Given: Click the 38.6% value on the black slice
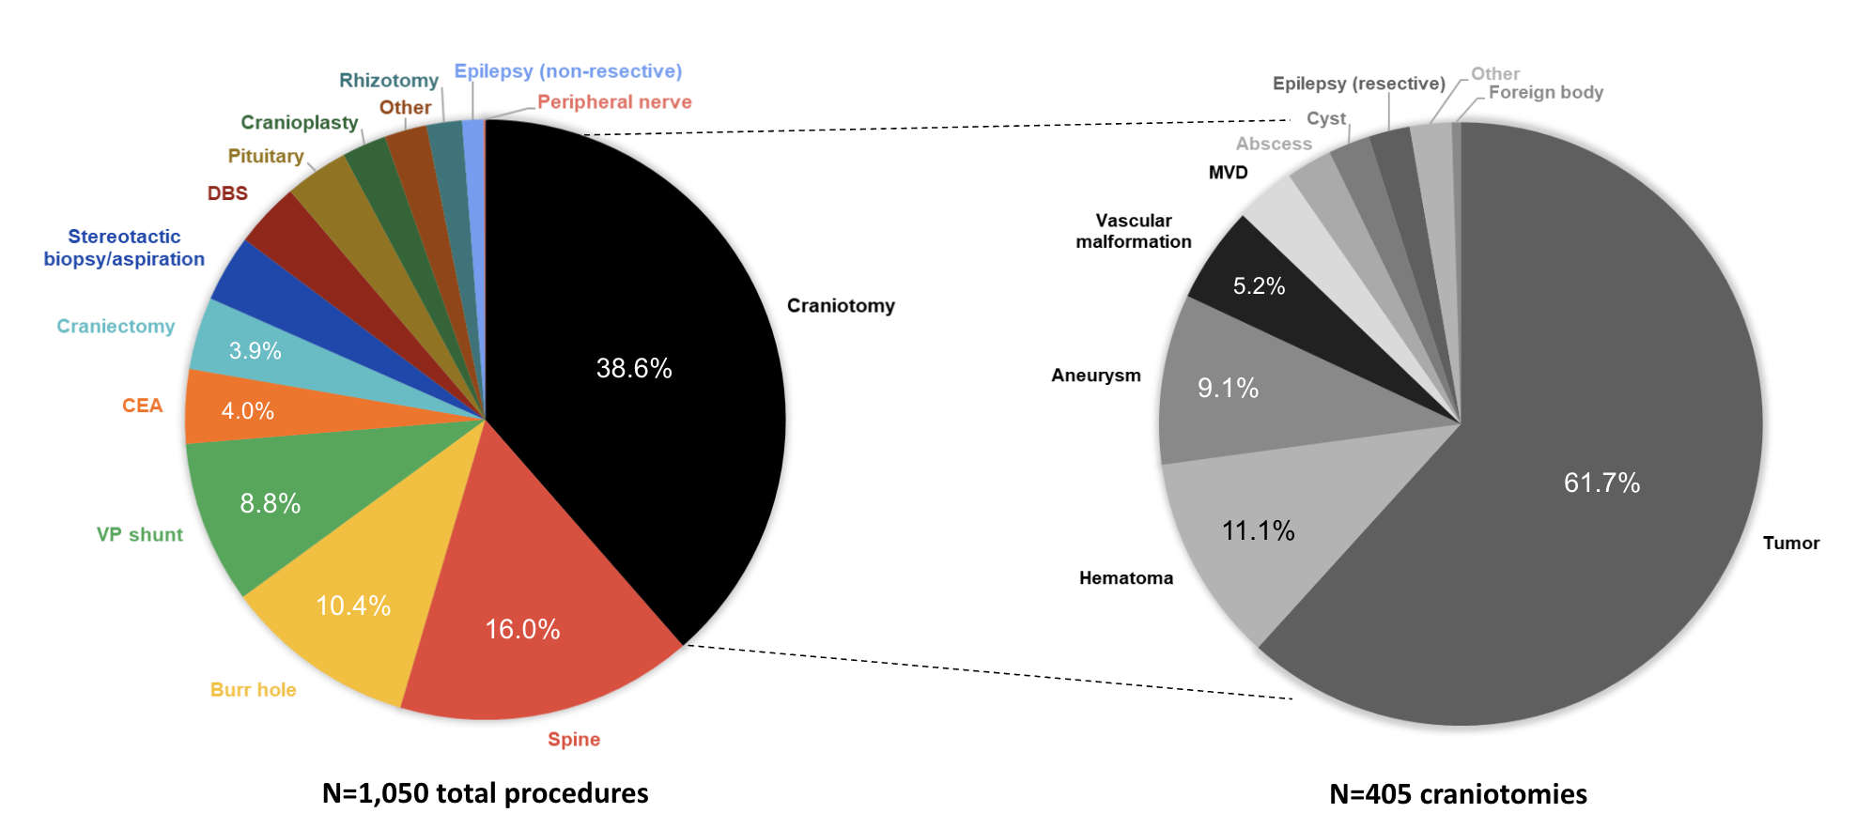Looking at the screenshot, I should point(634,368).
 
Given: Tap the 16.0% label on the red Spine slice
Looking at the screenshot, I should point(522,629).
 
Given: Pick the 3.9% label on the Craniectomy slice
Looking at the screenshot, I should point(255,350).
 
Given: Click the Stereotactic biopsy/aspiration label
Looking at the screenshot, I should point(124,248).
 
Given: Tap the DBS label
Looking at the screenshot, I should point(227,193).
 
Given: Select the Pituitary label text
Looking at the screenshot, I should point(266,156).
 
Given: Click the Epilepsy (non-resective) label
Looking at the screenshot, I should point(568,71).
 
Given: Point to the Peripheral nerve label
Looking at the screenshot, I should point(614,101).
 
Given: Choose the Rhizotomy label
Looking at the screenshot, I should point(389,81).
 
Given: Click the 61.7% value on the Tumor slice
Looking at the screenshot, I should point(1601,483).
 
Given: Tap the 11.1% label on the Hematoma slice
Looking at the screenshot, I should point(1258,531).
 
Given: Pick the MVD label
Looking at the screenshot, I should point(1228,173).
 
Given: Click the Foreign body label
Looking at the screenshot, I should point(1545,93).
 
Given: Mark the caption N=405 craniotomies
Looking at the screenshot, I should point(1458,793).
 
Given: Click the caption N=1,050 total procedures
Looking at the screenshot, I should point(485,793).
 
